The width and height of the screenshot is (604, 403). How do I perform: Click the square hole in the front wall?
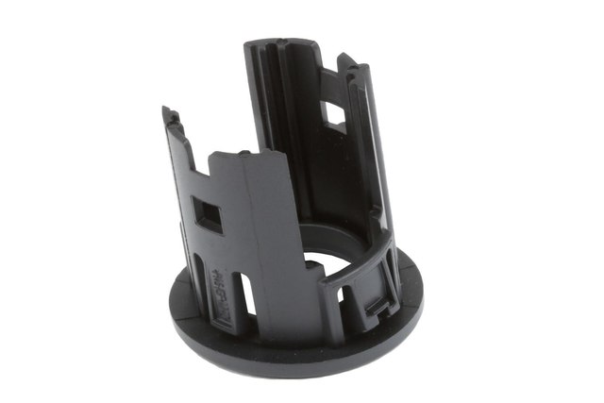point(207,214)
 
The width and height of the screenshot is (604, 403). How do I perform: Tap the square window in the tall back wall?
point(334,115)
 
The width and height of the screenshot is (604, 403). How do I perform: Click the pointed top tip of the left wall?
point(169,112)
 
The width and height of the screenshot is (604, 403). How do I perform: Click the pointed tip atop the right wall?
point(344,59)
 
